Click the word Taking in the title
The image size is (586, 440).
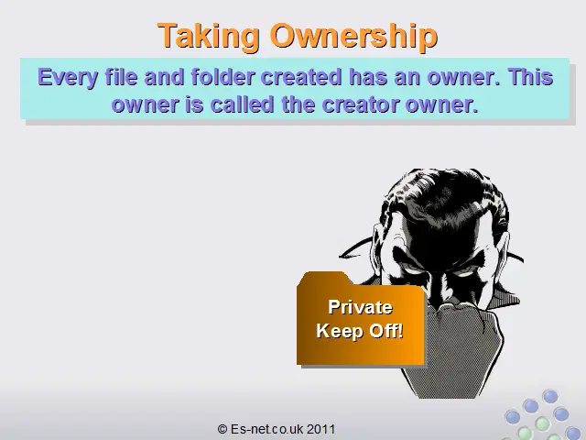[209, 36]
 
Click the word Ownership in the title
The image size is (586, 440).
[353, 36]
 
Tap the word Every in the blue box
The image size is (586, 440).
[68, 78]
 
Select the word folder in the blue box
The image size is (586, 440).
[223, 77]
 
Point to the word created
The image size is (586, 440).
[301, 77]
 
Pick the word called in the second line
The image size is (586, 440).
[242, 104]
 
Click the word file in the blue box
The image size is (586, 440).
[121, 77]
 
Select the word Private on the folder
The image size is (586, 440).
[360, 307]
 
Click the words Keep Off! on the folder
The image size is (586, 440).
[360, 331]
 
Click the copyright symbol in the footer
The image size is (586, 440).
[222, 429]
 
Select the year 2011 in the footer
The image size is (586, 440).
[321, 429]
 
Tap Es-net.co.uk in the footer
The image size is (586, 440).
[266, 429]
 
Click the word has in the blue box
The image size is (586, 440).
[368, 77]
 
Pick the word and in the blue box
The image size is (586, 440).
[164, 77]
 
